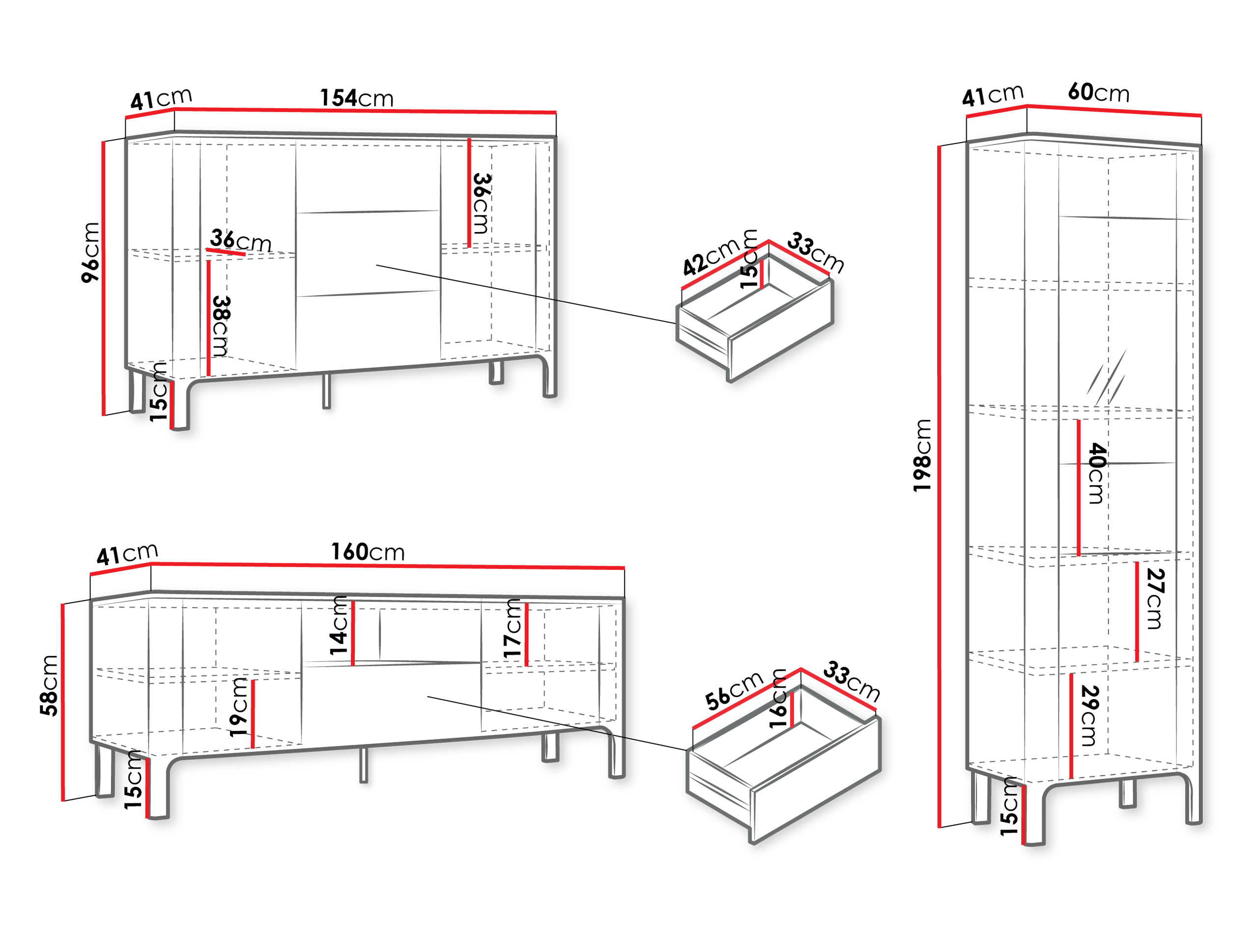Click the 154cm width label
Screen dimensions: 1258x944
357,98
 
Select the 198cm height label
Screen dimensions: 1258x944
922,455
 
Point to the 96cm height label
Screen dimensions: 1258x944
91,252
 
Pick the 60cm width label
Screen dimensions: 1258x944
1098,92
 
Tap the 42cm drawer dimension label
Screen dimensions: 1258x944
711,256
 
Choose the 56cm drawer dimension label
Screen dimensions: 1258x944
734,690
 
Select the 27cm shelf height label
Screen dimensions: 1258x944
1155,599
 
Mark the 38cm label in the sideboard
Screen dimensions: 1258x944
220,326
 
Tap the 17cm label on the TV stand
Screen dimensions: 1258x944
512,628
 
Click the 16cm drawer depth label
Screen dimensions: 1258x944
777,699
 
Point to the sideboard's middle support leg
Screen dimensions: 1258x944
326,391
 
